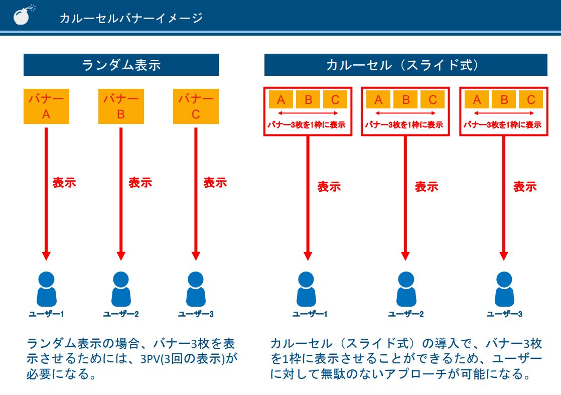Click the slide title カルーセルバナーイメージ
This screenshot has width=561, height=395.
click(131, 18)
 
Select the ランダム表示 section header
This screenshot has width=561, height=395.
click(121, 65)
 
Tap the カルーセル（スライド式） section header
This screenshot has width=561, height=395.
click(405, 65)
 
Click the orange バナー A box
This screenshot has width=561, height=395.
click(46, 106)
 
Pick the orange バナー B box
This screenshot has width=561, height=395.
click(121, 106)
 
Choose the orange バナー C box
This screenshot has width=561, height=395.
click(196, 106)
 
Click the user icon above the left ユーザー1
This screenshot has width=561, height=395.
click(46, 289)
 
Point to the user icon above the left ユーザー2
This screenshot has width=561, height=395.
click(121, 289)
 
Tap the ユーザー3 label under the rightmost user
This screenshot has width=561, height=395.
click(504, 314)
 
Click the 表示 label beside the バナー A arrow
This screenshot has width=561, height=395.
click(64, 182)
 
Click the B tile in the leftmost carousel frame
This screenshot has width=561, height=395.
click(308, 99)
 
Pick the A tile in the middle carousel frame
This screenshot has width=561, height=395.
click(378, 99)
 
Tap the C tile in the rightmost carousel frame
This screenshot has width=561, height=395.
click(531, 99)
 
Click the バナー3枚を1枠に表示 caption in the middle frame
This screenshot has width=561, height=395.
click(405, 125)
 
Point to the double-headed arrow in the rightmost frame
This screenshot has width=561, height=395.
click(504, 113)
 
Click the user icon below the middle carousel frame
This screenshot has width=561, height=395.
click(405, 289)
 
